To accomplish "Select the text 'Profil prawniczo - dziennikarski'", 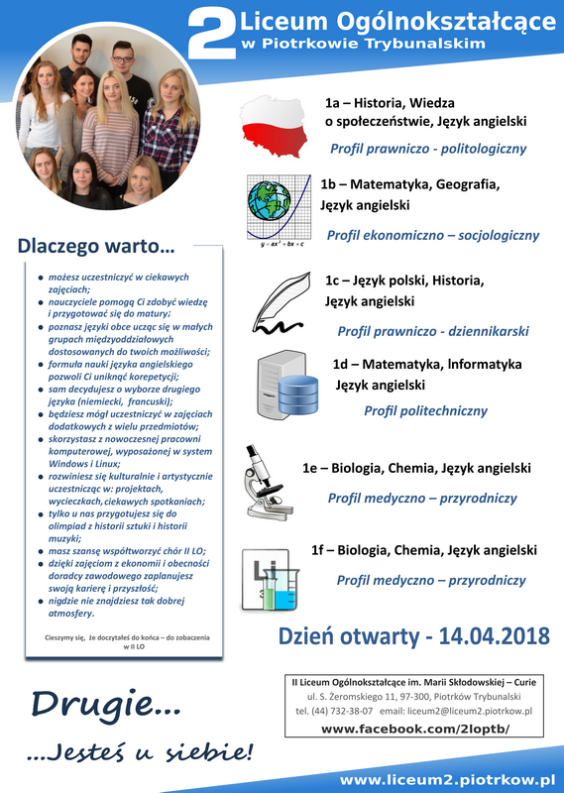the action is [x=433, y=331].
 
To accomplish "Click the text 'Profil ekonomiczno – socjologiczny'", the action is [x=432, y=236].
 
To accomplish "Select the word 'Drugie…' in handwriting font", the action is [x=104, y=704].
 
